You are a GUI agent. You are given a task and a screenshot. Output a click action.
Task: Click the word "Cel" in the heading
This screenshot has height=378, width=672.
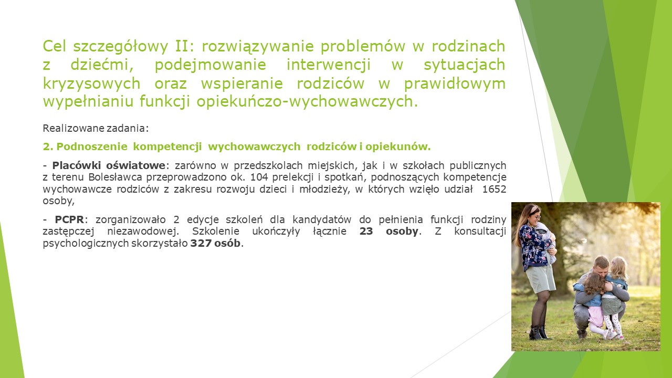(x=54, y=46)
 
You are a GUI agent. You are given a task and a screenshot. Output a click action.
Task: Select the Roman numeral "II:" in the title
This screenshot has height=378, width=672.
(x=184, y=46)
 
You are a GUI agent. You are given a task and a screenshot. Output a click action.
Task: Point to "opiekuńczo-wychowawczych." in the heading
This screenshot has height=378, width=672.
(x=307, y=102)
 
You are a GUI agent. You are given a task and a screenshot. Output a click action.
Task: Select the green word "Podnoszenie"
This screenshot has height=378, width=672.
(x=92, y=146)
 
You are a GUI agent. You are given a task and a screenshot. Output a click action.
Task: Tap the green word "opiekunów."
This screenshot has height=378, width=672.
(x=398, y=146)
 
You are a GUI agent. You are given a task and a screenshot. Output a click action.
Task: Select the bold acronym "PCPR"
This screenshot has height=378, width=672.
(x=69, y=219)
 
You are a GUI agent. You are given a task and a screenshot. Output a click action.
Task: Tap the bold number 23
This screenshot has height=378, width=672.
(x=366, y=232)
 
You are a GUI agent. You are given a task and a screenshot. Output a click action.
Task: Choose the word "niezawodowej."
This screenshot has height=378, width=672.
(x=143, y=232)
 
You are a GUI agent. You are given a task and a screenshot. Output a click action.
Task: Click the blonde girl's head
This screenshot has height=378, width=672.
(x=618, y=268)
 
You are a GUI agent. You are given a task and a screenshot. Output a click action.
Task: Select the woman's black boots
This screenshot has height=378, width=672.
(x=539, y=332)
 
